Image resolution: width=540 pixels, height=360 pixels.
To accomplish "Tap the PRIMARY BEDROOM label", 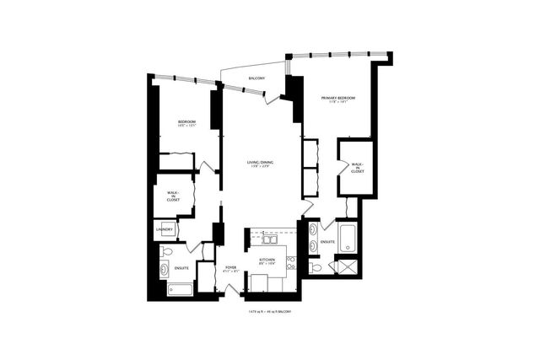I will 337,99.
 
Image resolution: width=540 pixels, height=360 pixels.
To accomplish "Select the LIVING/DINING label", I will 260,164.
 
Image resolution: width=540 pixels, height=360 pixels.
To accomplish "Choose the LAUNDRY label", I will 165,229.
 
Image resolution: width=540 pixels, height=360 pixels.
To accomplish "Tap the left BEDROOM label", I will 186,124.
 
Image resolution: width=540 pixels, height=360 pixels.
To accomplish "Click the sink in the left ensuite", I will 163,271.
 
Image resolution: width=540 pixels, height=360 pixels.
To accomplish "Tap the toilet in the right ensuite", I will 314,267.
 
